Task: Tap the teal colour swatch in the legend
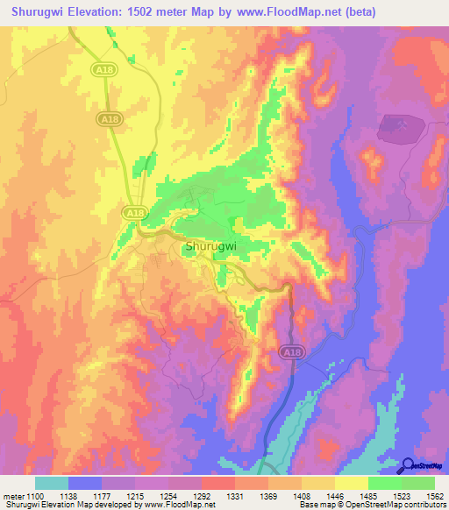52,483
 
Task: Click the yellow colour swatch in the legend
352,483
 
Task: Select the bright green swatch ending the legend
418,483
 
